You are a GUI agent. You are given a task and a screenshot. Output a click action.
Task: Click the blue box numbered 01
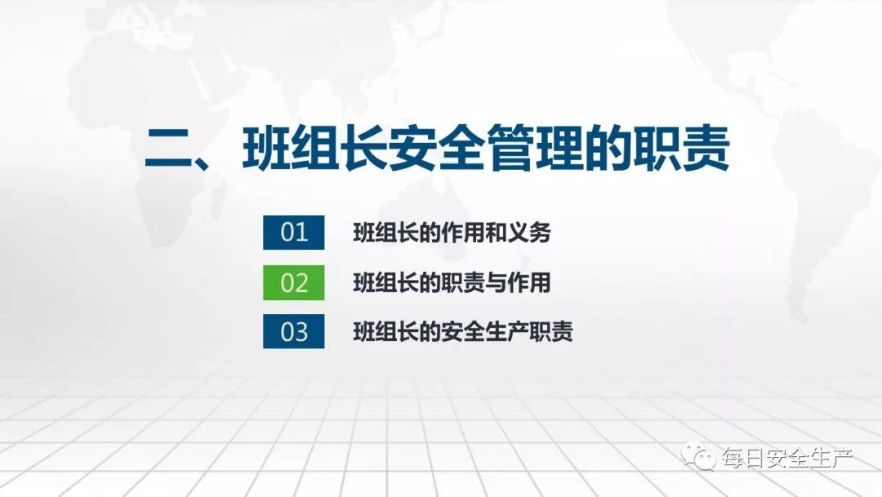293,232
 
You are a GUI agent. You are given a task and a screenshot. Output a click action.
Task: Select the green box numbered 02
293,282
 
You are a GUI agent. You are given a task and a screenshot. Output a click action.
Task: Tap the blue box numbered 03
293,331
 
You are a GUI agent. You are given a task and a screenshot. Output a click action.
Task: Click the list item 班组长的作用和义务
452,233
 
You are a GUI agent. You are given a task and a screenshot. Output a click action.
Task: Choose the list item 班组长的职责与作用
452,283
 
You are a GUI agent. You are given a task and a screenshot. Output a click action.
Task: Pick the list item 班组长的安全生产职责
462,332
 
